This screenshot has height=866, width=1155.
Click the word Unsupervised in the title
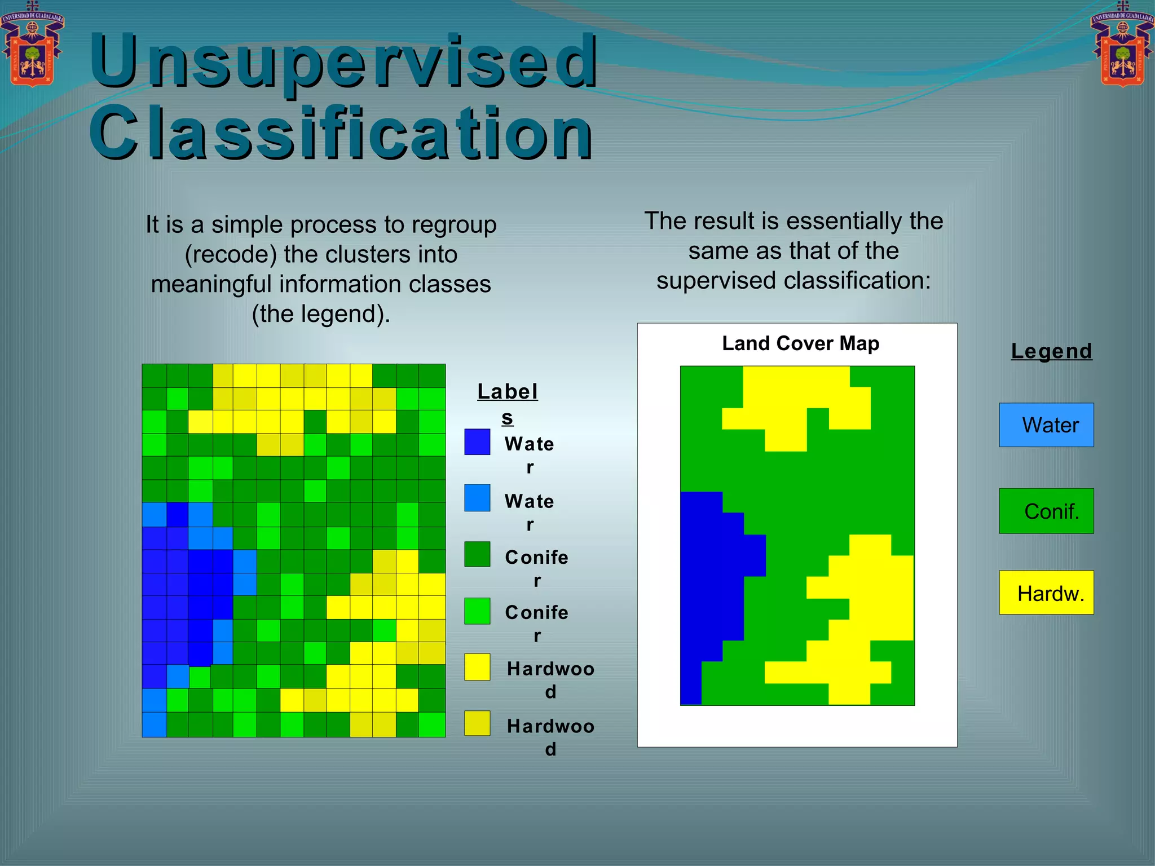(343, 61)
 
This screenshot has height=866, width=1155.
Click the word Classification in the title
(341, 133)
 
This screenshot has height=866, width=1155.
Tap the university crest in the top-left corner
(32, 45)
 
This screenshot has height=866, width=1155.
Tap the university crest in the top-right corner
(1122, 45)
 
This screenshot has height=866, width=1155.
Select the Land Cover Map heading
(800, 343)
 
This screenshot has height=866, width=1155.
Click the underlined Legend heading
(1051, 351)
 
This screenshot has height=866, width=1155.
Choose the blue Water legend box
(1046, 425)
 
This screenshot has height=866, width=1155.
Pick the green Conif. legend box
(1046, 511)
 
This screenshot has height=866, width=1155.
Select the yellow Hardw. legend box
(1046, 593)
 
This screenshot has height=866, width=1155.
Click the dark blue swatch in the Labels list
(477, 442)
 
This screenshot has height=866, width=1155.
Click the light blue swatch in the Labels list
(477, 498)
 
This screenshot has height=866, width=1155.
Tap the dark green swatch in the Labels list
(477, 554)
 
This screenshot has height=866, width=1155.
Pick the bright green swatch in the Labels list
(477, 611)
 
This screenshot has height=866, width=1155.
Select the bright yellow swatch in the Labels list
(477, 667)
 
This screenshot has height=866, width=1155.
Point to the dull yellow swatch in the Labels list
(477, 723)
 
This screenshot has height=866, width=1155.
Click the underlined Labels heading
(507, 392)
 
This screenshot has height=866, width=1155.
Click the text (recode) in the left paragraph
(231, 255)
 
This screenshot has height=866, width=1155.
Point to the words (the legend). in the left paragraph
(321, 314)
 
